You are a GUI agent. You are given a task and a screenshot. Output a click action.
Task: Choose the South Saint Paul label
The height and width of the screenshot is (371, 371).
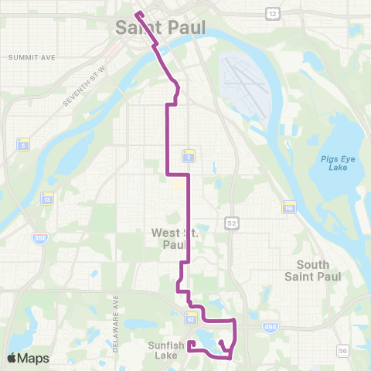(x=308, y=271)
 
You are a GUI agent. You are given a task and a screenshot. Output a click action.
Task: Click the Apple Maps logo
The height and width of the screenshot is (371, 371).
(x=28, y=358)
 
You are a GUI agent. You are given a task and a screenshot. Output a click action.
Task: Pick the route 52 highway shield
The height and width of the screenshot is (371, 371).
(x=231, y=223)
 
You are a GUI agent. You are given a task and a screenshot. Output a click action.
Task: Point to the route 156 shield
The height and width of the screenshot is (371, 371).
(x=290, y=206)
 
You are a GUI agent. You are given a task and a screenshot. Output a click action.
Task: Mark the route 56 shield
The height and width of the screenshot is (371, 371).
(x=342, y=351)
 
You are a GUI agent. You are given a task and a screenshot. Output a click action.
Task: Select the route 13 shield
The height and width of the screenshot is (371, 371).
(x=48, y=199)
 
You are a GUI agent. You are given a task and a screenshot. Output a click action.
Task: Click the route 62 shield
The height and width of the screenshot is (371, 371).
(x=190, y=318)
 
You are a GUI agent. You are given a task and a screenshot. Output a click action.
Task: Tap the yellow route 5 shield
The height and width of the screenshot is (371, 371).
(x=24, y=145)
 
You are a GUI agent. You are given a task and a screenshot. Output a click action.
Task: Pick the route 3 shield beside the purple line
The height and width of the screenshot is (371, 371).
(x=189, y=156)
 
